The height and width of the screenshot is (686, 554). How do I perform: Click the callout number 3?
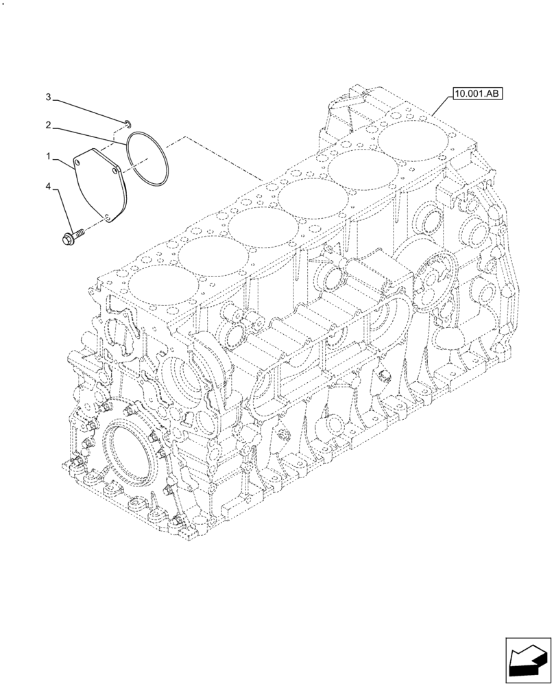coord(49,97)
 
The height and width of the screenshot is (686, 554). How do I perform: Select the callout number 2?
coord(49,125)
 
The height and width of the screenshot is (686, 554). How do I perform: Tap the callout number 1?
coord(49,157)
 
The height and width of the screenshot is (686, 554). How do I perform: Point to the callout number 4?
coord(49,186)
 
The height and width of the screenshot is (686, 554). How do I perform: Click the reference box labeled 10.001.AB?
coord(477,94)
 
